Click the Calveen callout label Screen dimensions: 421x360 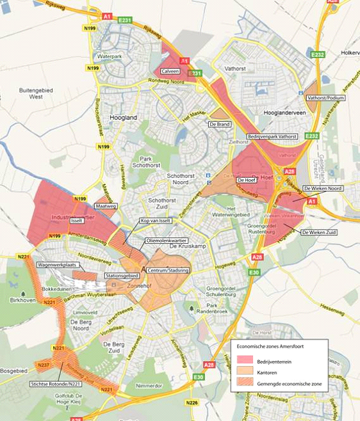(170, 71)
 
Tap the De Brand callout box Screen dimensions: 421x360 (219, 123)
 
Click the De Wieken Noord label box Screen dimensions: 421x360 (323, 189)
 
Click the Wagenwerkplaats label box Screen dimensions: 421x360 (58, 264)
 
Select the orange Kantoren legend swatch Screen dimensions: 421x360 (246, 372)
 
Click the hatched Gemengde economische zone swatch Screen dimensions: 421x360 (246, 383)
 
